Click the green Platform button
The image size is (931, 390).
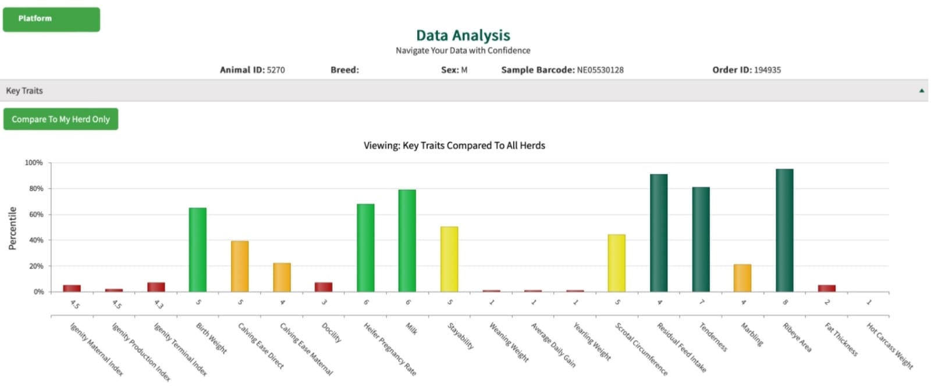pos(51,19)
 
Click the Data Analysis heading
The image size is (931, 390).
pos(463,35)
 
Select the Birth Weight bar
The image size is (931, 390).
pos(198,250)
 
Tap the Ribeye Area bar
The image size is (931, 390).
pos(784,231)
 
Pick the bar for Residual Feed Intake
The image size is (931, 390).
pos(659,233)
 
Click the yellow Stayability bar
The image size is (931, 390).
pos(449,259)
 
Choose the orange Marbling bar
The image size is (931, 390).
pos(742,278)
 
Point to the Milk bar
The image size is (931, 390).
pos(407,241)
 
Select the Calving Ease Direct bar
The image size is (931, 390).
pos(240,266)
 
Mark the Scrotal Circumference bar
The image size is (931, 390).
pos(617,263)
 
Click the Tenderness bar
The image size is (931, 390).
pos(701,239)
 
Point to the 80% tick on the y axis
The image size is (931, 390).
pos(35,189)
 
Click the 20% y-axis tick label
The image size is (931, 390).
pos(35,266)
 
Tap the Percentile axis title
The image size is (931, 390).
pos(12,228)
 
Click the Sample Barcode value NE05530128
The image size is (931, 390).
pos(600,70)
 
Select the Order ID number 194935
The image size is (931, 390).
pos(767,70)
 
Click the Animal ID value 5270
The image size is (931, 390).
pos(276,70)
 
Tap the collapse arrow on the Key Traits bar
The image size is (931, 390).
pos(922,91)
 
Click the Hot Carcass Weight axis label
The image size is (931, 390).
pos(890,346)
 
